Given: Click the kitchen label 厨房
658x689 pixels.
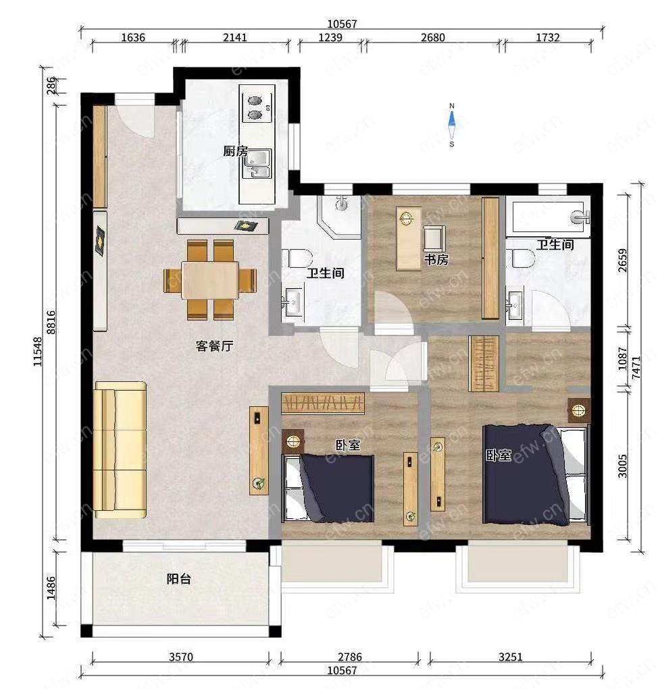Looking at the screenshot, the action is tap(235, 152).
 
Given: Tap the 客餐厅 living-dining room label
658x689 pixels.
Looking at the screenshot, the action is tap(214, 346).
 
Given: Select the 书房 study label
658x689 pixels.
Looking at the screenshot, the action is tap(436, 260).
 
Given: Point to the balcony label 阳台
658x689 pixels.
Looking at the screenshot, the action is tap(179, 579).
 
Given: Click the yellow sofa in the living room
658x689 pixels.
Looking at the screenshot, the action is tap(120, 450).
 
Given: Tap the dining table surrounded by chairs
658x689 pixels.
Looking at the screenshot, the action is tap(210, 280).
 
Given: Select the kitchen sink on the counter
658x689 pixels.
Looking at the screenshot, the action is tap(258, 164).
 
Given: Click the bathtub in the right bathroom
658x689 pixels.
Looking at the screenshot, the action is tap(549, 217).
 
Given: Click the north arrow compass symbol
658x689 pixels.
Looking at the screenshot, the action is tap(452, 125).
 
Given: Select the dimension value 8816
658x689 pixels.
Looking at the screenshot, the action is tap(51, 323).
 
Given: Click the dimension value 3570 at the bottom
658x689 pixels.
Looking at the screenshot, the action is tap(181, 657).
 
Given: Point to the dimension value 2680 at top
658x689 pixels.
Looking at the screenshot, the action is tap(433, 37).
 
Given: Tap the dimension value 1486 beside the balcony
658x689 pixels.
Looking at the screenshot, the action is tap(51, 588).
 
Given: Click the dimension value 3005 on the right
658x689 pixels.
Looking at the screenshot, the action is tap(622, 466).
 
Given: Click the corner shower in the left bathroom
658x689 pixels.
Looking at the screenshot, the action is tap(339, 216).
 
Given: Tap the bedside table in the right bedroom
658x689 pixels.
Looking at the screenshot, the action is tap(579, 410).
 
